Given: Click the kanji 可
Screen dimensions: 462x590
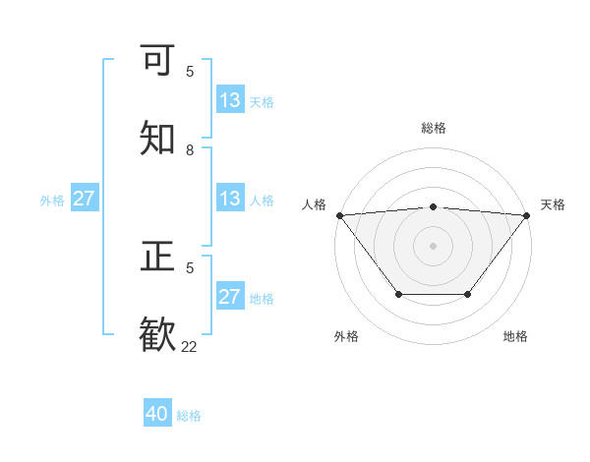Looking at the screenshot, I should [158, 60].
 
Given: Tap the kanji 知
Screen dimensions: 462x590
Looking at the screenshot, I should [158, 139].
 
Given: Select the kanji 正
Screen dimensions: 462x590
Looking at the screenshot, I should [158, 257].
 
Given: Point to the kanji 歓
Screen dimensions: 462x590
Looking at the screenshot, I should [158, 335].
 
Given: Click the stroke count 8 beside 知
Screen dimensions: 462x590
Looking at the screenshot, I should [190, 150].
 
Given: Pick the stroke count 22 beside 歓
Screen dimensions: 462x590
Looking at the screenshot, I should [190, 347].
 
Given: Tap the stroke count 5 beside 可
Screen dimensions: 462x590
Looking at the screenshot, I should [190, 72].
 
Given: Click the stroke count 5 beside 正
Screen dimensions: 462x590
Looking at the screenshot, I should [190, 267].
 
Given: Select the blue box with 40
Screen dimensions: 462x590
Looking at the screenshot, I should [157, 415].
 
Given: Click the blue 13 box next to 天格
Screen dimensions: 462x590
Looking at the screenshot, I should [230, 100].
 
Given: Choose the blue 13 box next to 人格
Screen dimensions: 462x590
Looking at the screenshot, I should [230, 199].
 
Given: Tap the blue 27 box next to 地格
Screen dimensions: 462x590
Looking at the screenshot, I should [230, 297].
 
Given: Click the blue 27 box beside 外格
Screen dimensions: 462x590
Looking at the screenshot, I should [85, 199].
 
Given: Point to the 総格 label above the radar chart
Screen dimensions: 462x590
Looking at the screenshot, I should [434, 128].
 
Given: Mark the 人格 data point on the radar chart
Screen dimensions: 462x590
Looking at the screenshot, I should [339, 214].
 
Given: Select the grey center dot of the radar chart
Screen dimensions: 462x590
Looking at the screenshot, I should [434, 245].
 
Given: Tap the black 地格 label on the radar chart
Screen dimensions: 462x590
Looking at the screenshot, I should [515, 336].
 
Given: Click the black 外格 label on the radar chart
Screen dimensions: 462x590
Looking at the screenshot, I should [346, 336].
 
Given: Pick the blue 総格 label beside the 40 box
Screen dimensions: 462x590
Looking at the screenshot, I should [189, 416].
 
